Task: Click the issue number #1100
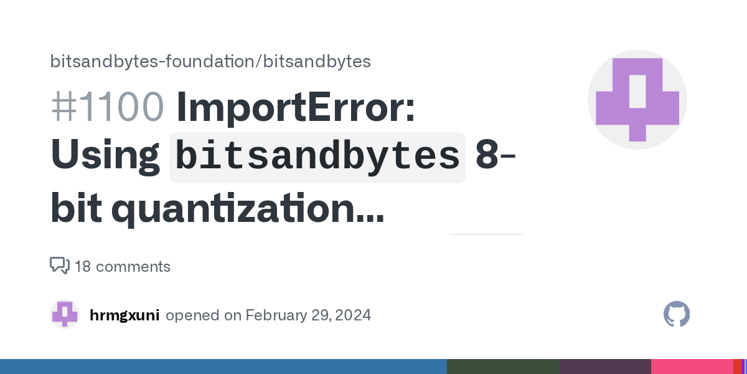(x=107, y=107)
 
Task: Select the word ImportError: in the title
(x=296, y=107)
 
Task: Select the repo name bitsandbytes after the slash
(x=317, y=61)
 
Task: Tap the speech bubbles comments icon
(x=60, y=266)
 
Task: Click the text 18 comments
(x=122, y=267)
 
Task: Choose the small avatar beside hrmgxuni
(x=65, y=315)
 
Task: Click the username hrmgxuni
(x=125, y=315)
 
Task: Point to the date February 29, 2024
(x=308, y=315)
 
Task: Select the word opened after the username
(x=194, y=315)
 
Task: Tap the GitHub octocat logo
(x=677, y=315)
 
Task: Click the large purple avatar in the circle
(x=637, y=100)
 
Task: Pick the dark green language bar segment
(x=502, y=367)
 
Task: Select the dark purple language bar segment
(x=604, y=367)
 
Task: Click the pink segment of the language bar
(x=691, y=367)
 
